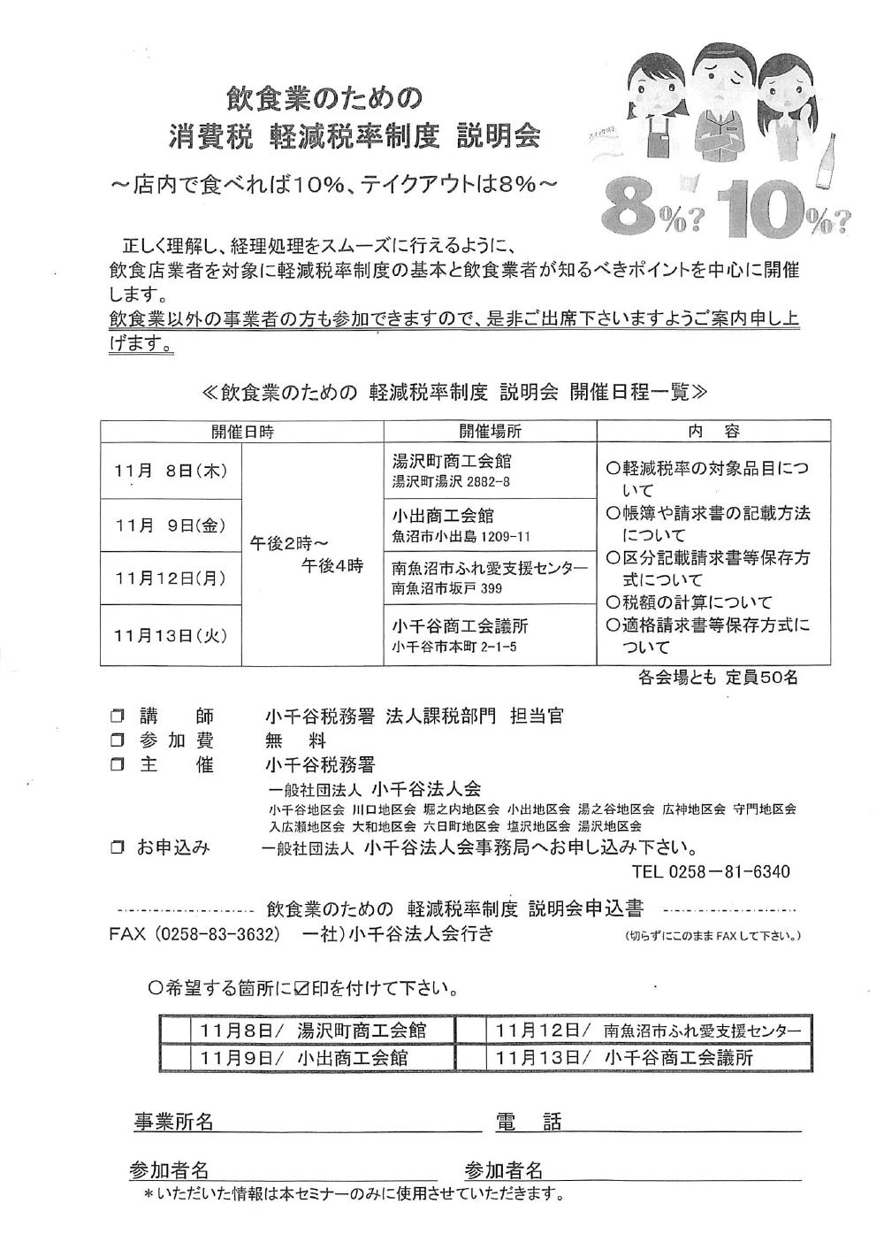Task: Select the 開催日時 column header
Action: (241, 432)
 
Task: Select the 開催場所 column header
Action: (490, 432)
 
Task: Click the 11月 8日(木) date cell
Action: (171, 471)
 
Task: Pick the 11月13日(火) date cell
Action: (171, 634)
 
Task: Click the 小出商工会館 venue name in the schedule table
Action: (443, 516)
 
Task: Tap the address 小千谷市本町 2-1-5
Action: (454, 648)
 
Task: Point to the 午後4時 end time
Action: (332, 567)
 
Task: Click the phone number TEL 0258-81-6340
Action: (711, 871)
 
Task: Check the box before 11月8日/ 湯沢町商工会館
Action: (177, 1031)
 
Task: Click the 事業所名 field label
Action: (173, 1123)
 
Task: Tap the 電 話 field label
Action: (528, 1123)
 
